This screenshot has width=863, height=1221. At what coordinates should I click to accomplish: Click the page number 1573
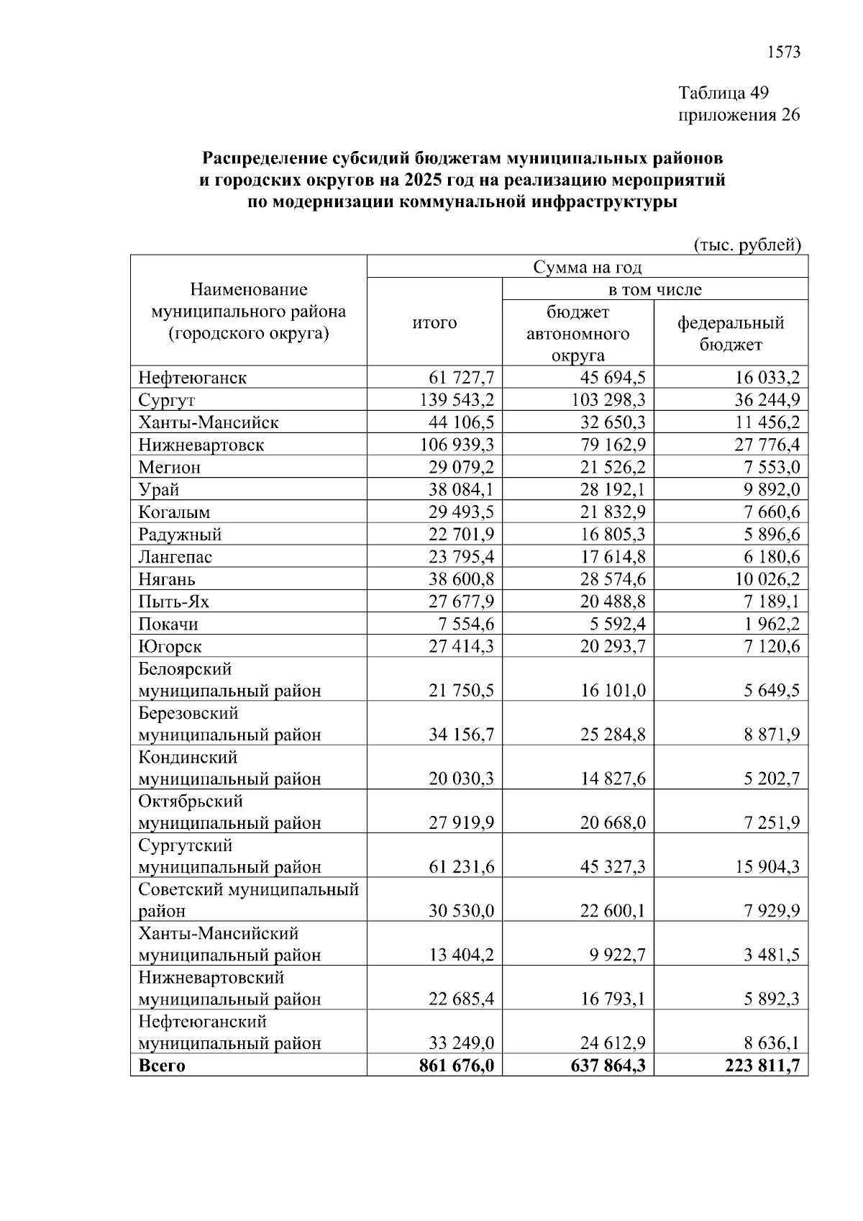(784, 53)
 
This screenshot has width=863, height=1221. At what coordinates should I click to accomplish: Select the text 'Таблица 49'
(723, 93)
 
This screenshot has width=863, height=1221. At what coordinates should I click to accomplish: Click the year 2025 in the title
(423, 180)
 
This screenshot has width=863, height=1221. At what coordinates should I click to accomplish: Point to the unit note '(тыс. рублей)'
(747, 245)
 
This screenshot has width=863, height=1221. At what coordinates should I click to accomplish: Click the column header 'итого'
(434, 323)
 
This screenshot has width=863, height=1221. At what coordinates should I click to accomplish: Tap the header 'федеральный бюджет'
(731, 334)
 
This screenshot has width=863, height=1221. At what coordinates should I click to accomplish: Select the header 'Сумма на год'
(587, 268)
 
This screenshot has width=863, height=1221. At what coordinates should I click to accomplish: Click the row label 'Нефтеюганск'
(192, 378)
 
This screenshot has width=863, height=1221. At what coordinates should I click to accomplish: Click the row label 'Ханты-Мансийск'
(209, 422)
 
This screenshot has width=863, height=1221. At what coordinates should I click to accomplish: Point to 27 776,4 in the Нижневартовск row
(767, 445)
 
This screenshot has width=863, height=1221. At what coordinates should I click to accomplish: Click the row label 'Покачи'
(168, 624)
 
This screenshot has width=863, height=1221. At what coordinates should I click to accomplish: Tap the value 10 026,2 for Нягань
(767, 579)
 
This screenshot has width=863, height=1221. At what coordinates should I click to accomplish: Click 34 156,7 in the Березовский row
(462, 735)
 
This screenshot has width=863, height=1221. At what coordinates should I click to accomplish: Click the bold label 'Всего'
(162, 1066)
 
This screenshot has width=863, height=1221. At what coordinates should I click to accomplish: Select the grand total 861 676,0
(457, 1066)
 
